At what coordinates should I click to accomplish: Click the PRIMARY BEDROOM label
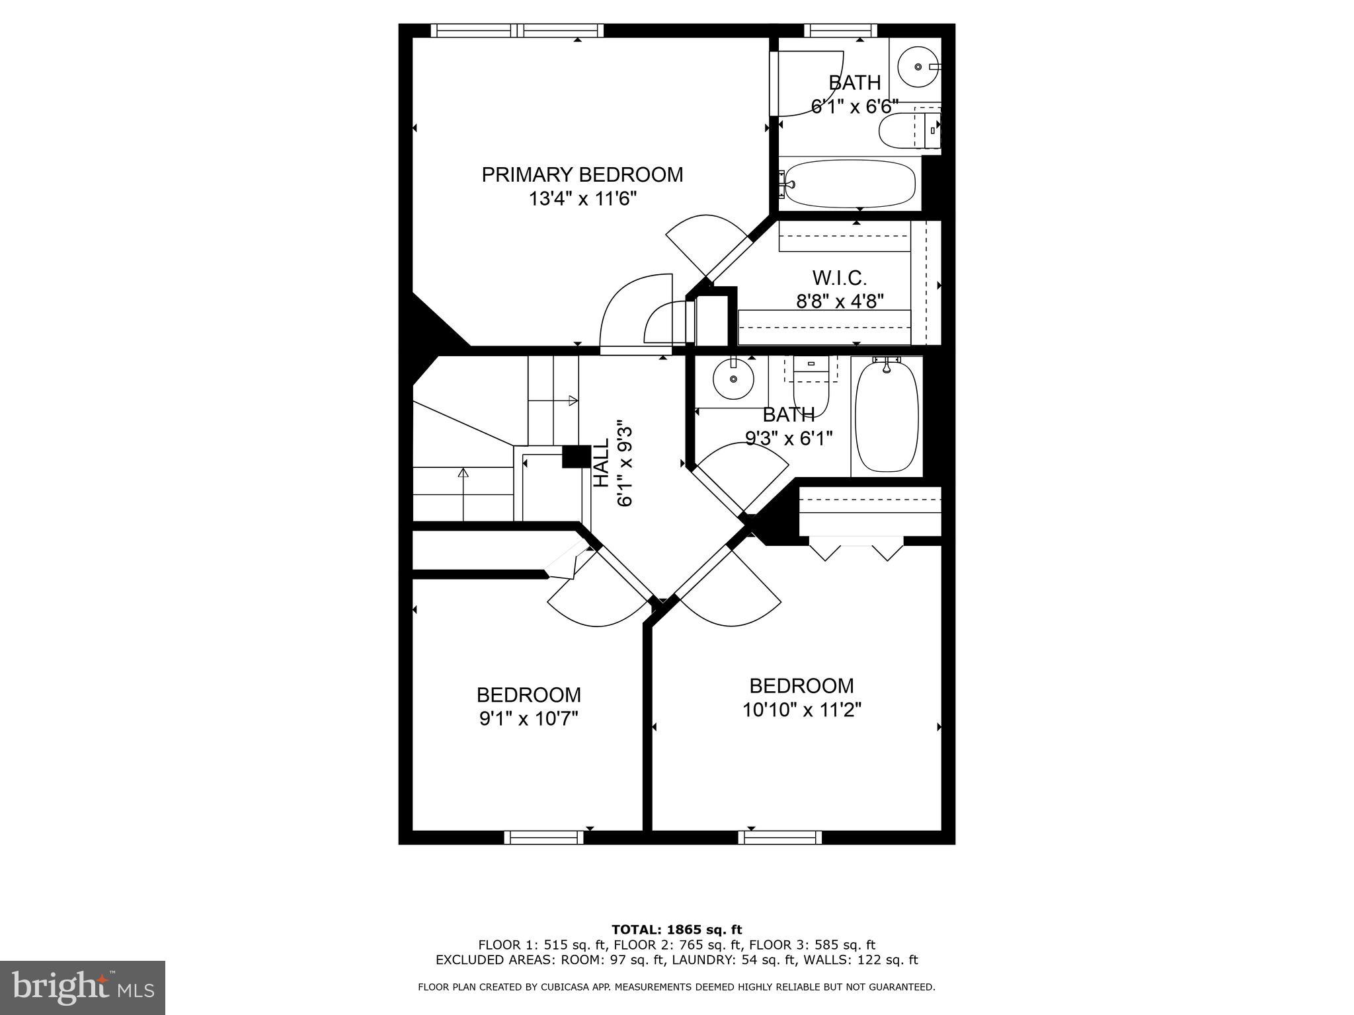click(582, 174)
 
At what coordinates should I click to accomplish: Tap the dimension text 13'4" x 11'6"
click(582, 198)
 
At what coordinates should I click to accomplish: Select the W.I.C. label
click(839, 277)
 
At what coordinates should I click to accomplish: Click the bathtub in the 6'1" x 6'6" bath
click(850, 184)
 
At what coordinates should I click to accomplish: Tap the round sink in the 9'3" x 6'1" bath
click(733, 379)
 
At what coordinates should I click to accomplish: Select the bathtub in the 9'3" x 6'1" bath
click(887, 416)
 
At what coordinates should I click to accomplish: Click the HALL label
click(601, 463)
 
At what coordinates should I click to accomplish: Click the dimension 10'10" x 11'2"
click(801, 710)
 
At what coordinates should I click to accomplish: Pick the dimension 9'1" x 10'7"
click(528, 718)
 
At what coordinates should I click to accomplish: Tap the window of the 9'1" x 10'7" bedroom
click(543, 837)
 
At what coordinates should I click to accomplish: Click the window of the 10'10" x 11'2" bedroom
click(779, 837)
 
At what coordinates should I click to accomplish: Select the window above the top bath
click(840, 30)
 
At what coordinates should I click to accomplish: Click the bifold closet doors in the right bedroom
click(856, 550)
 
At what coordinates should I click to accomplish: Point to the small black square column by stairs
click(576, 457)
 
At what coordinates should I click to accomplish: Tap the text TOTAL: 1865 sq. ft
click(676, 930)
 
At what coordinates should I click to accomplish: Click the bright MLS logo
click(82, 987)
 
